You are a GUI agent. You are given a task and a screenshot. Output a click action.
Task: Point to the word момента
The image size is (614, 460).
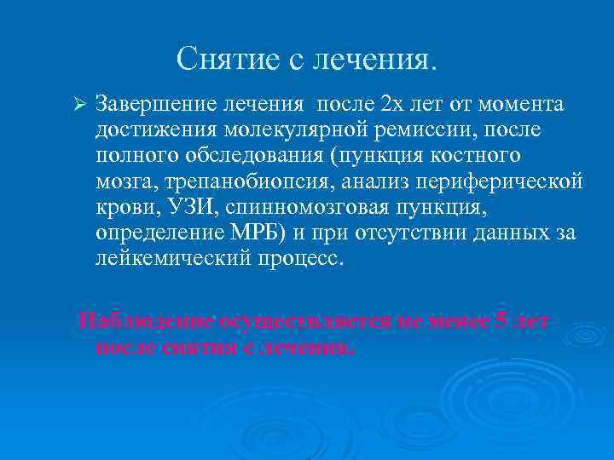coord(521,105)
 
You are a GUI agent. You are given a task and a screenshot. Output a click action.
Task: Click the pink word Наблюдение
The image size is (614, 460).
coord(145,321)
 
